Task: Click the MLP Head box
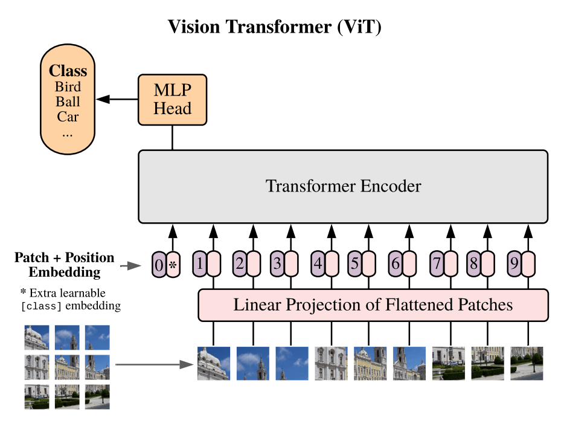[x=172, y=100]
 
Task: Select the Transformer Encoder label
[x=343, y=185]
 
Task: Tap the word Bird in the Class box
[x=68, y=86]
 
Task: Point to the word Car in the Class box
[x=68, y=116]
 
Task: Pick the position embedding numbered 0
[x=159, y=264]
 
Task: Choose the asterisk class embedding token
[x=173, y=264]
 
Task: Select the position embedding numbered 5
[x=354, y=263]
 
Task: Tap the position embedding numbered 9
[x=514, y=263]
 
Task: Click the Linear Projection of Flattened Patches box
[x=373, y=305]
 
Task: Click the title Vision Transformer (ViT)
[x=275, y=27]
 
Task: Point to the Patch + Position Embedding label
[x=64, y=265]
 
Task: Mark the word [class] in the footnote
[x=41, y=306]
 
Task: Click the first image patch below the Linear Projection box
[x=214, y=363]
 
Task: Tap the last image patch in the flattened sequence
[x=527, y=363]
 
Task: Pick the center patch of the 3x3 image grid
[x=67, y=367]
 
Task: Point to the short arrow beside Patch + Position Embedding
[x=128, y=265]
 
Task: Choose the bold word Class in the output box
[x=68, y=70]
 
